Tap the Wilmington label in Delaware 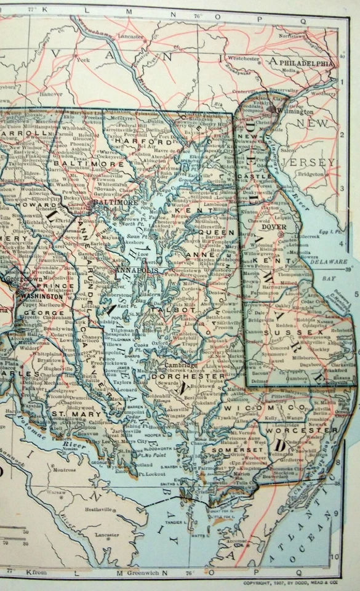click(x=295, y=111)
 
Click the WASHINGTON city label click(x=41, y=295)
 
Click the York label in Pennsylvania click(x=84, y=60)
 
